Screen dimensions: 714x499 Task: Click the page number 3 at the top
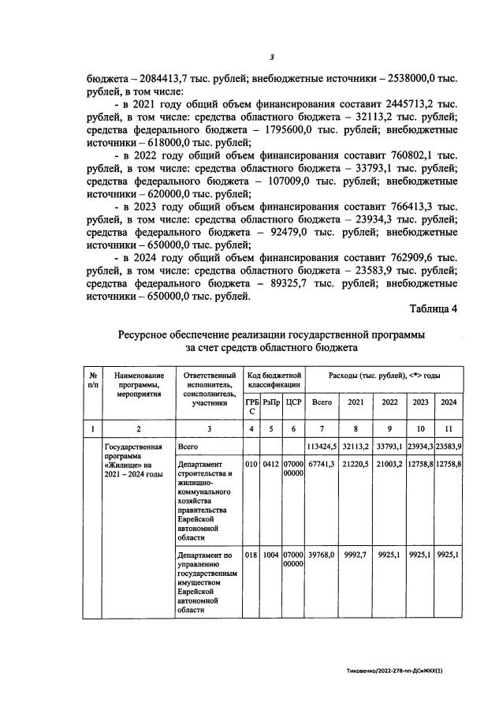coord(271,57)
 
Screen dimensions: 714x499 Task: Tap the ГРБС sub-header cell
coord(251,406)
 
